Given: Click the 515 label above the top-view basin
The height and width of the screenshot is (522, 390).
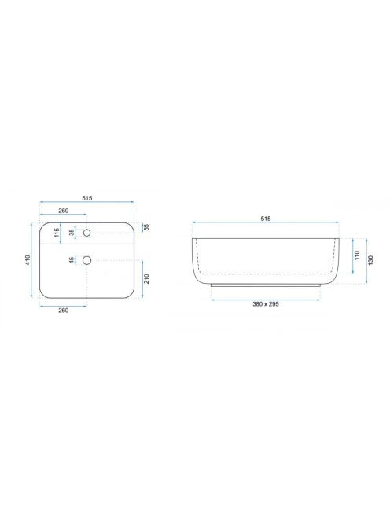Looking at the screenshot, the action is point(87,198).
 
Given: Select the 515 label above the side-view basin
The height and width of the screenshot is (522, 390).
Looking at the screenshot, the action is point(266,219).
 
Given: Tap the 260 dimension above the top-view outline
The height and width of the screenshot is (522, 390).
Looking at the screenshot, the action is point(63,211).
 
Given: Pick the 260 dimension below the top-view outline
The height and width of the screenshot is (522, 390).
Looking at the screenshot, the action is point(63,311).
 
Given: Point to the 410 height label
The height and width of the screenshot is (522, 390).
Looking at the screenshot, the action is point(28,260).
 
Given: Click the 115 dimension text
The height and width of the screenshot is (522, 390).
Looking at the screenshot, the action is point(57,233).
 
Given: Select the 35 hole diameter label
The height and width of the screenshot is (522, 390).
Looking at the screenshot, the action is point(72,233).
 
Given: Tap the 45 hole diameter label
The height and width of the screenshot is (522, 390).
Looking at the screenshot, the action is point(72,260).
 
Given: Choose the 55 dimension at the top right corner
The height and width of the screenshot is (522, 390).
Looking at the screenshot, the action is point(146,227).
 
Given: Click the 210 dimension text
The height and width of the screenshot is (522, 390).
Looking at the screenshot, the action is point(146,278).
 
